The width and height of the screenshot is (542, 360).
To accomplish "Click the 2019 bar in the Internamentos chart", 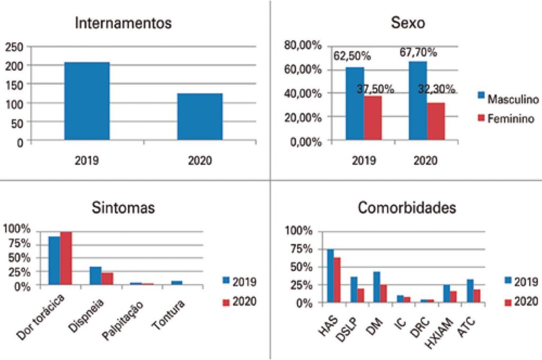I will tap(87, 101).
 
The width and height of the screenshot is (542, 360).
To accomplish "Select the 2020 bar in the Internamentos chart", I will tap(200, 117).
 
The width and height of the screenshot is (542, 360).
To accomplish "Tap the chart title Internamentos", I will tap(123, 23).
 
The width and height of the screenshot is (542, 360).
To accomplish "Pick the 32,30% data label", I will tap(437, 89).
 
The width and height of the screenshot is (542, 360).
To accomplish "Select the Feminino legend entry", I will tap(511, 119).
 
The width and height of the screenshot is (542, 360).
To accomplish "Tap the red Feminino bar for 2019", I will tap(373, 118).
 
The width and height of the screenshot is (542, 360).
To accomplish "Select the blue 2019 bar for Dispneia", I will tap(95, 275).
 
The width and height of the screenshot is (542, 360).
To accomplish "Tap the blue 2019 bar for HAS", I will tap(330, 275).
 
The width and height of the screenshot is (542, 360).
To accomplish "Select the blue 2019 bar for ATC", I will tap(469, 291).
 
